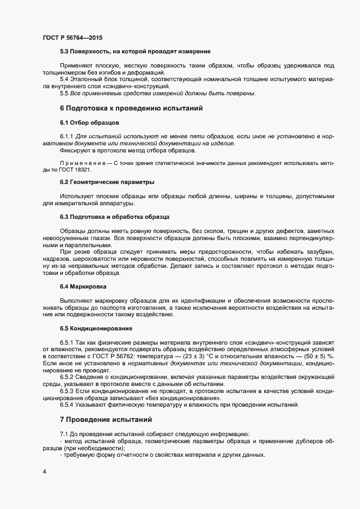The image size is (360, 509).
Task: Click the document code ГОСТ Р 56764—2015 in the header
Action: (x=72, y=38)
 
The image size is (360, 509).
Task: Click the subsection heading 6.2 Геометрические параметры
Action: (x=107, y=181)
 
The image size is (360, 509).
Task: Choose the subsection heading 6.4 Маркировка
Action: (x=83, y=286)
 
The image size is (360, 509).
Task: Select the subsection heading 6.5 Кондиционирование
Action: (x=96, y=328)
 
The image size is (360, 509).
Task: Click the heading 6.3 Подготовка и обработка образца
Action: (x=114, y=217)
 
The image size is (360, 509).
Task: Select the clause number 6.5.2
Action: (x=67, y=377)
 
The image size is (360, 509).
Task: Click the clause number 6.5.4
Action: (x=67, y=404)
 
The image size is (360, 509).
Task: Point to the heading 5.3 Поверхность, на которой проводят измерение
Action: (x=135, y=52)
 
